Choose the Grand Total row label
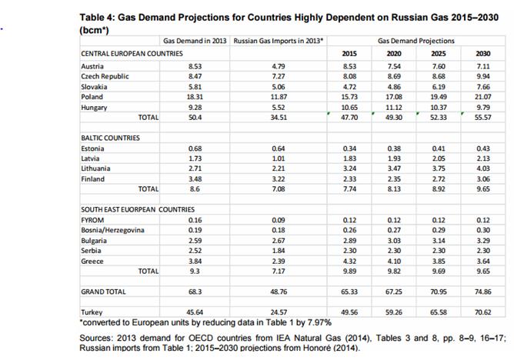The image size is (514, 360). tap(104, 292)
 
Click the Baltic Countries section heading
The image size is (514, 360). tap(110, 138)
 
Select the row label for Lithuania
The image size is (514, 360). tap(95, 168)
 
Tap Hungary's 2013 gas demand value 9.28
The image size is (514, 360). tap(195, 107)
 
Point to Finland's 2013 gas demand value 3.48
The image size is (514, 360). tap(195, 178)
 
